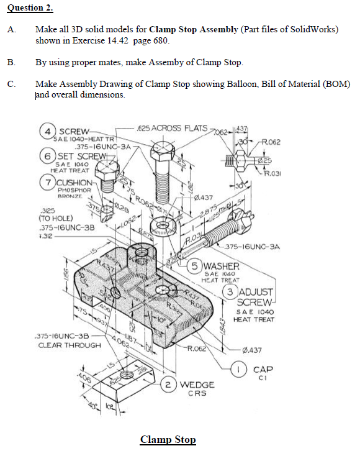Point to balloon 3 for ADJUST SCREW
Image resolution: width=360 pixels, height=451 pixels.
click(232, 291)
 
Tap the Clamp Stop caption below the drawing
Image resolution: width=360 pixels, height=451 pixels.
click(168, 440)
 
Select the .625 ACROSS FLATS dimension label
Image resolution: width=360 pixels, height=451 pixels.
click(172, 128)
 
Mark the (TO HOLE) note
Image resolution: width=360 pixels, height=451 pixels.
click(54, 219)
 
